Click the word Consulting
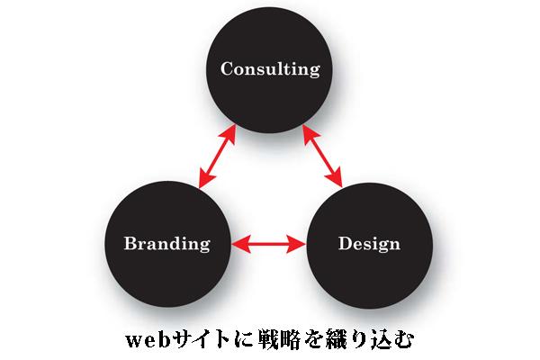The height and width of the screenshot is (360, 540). coord(270,69)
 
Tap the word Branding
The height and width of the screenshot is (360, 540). coord(166,243)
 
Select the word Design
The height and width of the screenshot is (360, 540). coord(369,243)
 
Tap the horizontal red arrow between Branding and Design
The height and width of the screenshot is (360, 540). coord(267,243)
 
